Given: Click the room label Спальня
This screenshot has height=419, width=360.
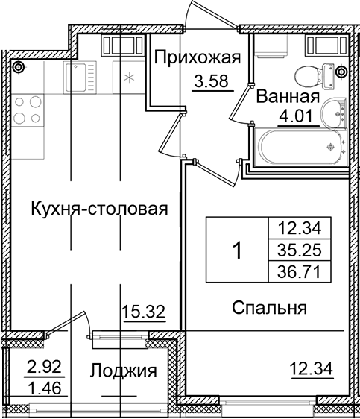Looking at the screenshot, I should [x=270, y=307].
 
